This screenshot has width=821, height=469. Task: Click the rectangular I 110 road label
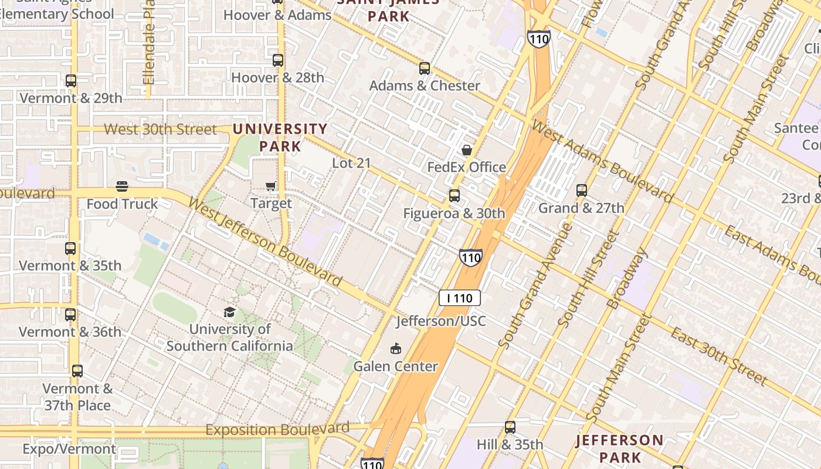click(460, 298)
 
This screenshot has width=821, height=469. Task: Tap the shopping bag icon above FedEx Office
click(467, 150)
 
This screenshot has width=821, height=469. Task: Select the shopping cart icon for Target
click(271, 186)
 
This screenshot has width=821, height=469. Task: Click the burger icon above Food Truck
click(122, 187)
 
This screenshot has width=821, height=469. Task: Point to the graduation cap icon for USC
click(229, 312)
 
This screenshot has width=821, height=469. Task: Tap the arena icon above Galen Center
click(396, 349)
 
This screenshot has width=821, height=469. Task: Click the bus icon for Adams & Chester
click(425, 69)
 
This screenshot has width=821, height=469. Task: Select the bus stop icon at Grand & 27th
click(581, 191)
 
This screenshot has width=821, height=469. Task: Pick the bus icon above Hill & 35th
click(510, 427)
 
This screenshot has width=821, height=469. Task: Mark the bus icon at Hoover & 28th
click(277, 60)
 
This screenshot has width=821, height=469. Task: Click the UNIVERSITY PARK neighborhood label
click(280, 137)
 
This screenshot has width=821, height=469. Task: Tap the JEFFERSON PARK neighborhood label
click(620, 448)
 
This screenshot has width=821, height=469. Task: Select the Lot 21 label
click(351, 163)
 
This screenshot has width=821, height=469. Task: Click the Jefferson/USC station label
click(441, 321)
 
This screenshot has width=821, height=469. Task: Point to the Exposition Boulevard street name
click(277, 430)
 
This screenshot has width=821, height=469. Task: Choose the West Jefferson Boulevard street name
click(264, 242)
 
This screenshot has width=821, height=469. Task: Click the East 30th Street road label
click(718, 357)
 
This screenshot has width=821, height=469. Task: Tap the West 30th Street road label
click(160, 129)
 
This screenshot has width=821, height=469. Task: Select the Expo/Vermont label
click(69, 449)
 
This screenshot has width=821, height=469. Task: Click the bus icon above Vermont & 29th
click(71, 81)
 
